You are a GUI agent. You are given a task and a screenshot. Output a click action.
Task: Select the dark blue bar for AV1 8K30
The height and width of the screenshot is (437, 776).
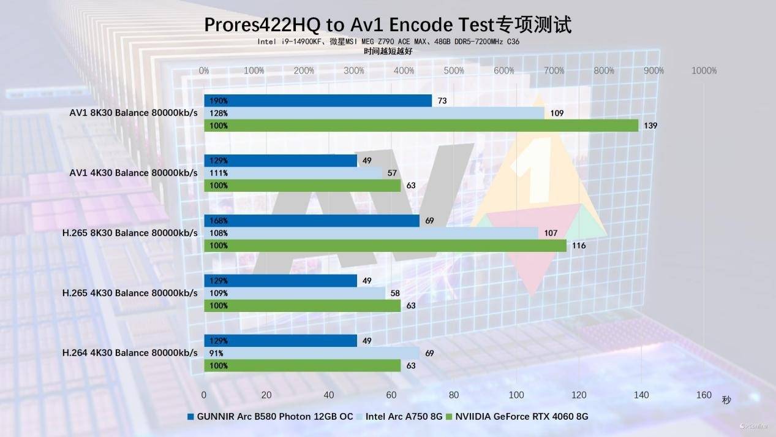pos(318,101)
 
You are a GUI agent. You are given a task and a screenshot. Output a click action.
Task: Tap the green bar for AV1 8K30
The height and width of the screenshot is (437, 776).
pos(421,126)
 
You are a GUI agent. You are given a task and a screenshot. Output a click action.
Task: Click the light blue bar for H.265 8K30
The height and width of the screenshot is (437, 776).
pos(371,233)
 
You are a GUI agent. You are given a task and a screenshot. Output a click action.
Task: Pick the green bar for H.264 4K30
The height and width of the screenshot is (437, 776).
pos(302,366)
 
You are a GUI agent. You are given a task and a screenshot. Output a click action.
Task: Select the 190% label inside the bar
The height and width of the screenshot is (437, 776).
pos(219,101)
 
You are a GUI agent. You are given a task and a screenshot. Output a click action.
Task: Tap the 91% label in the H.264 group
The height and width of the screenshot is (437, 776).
pos(216,353)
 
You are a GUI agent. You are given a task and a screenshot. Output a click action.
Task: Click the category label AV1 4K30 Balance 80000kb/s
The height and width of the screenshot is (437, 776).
pos(134,173)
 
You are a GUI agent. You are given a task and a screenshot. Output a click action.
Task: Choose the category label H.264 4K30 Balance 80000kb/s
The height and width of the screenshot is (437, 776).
pos(130,353)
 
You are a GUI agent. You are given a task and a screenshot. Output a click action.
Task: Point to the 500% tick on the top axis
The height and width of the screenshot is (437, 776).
pos(454,70)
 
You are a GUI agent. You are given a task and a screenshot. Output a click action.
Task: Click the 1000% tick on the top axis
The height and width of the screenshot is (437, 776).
pos(704,70)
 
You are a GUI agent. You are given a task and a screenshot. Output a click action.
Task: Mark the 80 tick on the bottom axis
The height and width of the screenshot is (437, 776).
pos(454,395)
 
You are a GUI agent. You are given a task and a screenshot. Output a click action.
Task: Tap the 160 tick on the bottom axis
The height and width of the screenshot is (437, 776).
pos(704,395)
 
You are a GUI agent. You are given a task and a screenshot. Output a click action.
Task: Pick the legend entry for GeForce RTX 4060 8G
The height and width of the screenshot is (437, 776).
pos(520,417)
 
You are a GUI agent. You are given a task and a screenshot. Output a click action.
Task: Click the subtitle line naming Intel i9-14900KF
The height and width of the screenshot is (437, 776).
pos(388,42)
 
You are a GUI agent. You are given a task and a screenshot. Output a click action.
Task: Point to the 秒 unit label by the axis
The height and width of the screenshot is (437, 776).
pos(726,400)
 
